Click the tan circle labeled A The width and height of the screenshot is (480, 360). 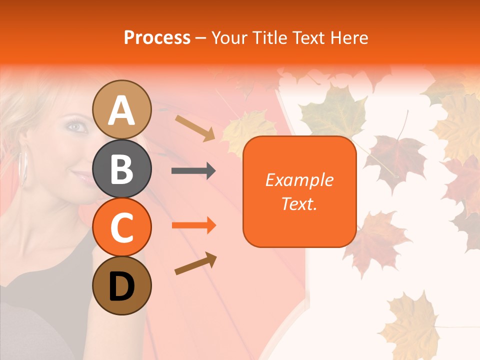[122, 109]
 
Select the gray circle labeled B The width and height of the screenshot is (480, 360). [122, 168]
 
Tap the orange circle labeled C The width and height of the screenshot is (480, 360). [122, 227]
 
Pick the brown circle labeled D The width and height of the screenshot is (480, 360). [122, 286]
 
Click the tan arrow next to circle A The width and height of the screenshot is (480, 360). [195, 127]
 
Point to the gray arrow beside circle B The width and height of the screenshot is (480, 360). [193, 171]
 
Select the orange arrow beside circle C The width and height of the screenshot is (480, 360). [193, 225]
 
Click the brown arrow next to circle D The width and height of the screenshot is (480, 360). [195, 263]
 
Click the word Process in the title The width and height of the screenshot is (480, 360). [157, 37]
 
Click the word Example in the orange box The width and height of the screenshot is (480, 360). [299, 180]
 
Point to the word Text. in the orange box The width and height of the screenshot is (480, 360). [299, 203]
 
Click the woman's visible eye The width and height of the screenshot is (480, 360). [76, 126]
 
